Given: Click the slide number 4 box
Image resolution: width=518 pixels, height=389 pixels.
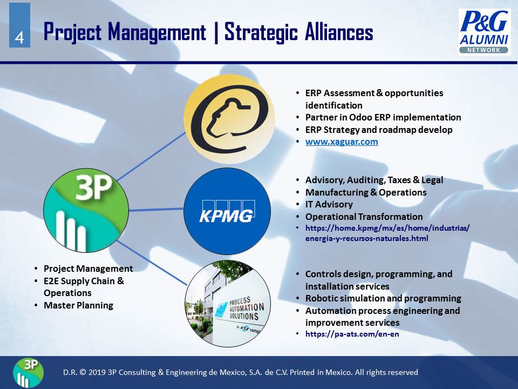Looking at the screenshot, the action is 19,25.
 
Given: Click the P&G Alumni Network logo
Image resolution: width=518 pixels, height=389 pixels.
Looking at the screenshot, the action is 485,32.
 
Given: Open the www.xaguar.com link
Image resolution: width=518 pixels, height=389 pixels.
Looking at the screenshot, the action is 342,142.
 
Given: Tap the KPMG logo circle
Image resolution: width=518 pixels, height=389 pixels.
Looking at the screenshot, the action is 227,211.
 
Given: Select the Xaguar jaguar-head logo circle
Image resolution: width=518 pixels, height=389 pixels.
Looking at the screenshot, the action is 229,119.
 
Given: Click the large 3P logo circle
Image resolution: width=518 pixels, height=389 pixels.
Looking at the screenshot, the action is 86,210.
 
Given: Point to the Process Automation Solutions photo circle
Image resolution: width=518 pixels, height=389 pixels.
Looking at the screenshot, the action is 228,303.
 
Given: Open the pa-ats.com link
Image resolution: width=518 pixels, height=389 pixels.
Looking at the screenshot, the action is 352,334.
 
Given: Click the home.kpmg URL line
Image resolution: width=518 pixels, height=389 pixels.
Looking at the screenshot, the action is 387,228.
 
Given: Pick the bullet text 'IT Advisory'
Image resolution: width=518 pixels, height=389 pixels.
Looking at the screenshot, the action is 329,204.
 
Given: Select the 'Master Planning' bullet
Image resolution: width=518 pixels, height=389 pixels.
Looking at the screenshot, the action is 78,305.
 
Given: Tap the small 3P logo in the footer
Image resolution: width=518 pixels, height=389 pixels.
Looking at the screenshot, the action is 29,372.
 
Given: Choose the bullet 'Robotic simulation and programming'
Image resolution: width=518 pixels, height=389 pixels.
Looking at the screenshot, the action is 383,298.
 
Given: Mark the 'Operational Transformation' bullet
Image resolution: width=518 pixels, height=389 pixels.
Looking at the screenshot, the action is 364,217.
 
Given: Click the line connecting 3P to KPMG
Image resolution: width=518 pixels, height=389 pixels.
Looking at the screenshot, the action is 156,210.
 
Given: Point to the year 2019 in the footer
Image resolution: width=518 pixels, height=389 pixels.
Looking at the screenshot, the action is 98,372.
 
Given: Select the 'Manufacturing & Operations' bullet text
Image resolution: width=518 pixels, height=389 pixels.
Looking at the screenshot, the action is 366,192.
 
